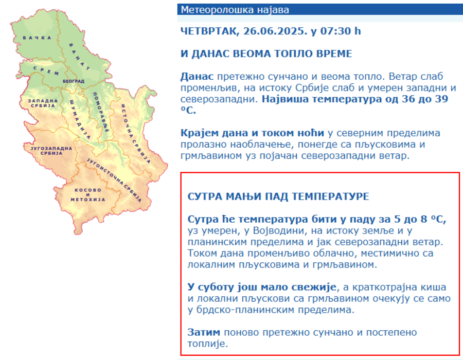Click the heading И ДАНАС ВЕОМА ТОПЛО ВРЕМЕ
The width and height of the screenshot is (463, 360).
tap(266, 54)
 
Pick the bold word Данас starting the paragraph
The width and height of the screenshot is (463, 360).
tap(197, 76)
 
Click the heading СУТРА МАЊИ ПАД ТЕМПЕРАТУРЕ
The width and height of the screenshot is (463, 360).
tap(278, 196)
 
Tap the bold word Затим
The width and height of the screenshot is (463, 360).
tap(204, 332)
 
